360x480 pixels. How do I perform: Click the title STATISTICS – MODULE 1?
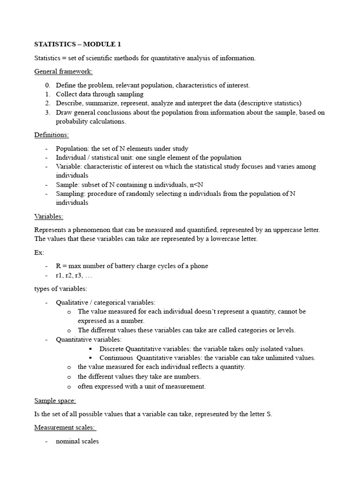click(77, 45)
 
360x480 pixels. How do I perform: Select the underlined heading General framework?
click(63, 72)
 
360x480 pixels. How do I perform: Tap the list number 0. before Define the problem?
click(47, 85)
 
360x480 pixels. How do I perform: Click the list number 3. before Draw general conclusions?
click(47, 112)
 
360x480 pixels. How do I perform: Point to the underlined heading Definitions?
click(52, 135)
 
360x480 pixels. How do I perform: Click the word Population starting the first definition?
click(71, 149)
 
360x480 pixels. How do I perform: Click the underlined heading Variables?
click(49, 217)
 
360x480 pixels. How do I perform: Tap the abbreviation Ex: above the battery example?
click(39, 253)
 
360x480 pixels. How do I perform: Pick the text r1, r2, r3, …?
click(74, 275)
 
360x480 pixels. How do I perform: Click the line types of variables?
click(60, 289)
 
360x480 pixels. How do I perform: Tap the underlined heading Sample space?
click(55, 401)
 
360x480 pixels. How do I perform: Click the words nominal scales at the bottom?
click(77, 441)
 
